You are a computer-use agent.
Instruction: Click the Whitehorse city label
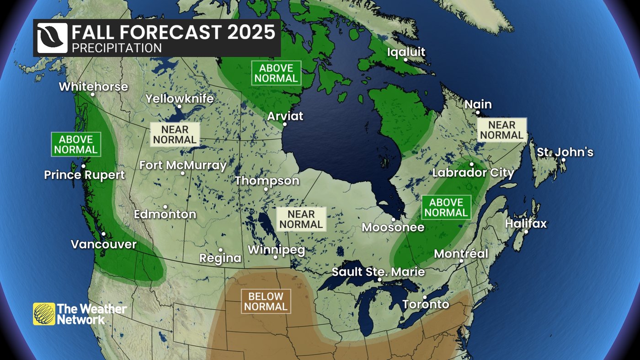[x=93, y=86]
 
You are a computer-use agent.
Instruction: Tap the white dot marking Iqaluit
[x=405, y=59]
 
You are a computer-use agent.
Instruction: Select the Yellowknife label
[x=179, y=98]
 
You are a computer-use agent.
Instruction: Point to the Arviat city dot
[x=285, y=124]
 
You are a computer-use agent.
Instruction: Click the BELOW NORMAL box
[x=266, y=302]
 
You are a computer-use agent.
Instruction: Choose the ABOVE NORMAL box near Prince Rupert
[x=76, y=145]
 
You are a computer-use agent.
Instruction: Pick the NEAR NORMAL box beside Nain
[x=501, y=130]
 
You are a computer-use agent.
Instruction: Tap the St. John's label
[x=565, y=152]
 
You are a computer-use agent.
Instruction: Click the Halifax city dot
[x=526, y=232]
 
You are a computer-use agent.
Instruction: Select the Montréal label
[x=461, y=253]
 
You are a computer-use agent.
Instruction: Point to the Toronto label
[x=426, y=304]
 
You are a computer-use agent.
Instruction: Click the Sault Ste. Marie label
[x=378, y=272]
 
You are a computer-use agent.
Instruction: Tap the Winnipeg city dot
[x=276, y=257]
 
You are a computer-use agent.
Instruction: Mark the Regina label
[x=220, y=258]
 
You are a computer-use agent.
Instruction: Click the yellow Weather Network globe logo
[x=44, y=314]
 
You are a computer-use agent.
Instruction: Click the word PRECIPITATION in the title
[x=117, y=48]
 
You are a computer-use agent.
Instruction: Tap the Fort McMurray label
[x=183, y=165]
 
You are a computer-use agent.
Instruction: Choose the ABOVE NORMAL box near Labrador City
[x=446, y=207]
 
